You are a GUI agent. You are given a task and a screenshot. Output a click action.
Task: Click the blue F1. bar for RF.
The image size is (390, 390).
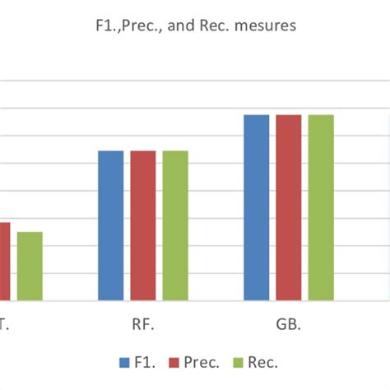pos(111,225)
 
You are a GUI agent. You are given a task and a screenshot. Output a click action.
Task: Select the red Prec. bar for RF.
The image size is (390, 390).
pos(142,225)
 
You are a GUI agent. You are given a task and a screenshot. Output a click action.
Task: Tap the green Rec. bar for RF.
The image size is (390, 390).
pos(174,225)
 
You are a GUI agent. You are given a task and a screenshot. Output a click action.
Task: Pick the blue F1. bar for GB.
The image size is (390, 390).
pos(257,207)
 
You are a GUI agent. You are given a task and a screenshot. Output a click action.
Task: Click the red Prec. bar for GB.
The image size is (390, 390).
pos(288,207)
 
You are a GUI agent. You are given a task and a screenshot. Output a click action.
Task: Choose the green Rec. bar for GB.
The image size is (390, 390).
pos(320,207)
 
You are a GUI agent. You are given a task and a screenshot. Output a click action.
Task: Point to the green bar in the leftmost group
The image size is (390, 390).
pos(30,266)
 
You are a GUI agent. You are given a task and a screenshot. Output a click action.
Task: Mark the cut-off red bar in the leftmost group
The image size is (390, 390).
pos(4,261)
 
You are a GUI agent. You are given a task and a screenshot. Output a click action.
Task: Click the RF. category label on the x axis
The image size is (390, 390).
pos(142,324)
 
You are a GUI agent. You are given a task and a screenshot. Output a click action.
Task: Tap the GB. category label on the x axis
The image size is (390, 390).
pos(288,324)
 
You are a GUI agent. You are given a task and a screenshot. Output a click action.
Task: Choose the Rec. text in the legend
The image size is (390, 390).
pos(263,362)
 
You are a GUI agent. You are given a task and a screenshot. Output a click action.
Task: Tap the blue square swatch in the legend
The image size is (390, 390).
pos(124,362)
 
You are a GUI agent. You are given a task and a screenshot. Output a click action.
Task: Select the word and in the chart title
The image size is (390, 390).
pos(189,26)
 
